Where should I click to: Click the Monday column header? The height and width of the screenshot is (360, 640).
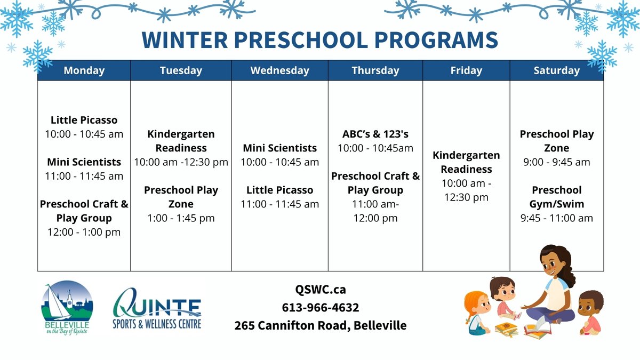(84, 70)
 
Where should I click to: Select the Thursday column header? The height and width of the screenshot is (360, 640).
(375, 70)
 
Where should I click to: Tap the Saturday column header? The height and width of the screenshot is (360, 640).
(556, 70)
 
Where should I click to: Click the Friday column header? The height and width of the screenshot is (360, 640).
(466, 70)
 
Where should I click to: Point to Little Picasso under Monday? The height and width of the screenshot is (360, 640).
(84, 120)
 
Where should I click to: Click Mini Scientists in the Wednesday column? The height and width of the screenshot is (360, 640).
(279, 148)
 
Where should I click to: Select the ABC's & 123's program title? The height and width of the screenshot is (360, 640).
(375, 134)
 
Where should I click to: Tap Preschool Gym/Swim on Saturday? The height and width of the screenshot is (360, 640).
(556, 197)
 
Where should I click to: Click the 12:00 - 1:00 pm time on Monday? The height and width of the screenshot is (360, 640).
(84, 232)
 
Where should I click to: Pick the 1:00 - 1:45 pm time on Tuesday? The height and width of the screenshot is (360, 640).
(181, 218)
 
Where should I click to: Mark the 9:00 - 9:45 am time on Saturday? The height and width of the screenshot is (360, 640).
(556, 162)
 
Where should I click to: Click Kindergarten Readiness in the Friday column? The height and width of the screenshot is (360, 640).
(466, 162)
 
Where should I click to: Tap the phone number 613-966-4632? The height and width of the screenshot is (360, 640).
(320, 308)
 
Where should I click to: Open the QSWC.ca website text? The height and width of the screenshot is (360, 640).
(320, 290)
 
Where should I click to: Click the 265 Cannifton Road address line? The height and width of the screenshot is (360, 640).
(320, 325)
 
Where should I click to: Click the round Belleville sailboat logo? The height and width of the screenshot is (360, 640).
(67, 306)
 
